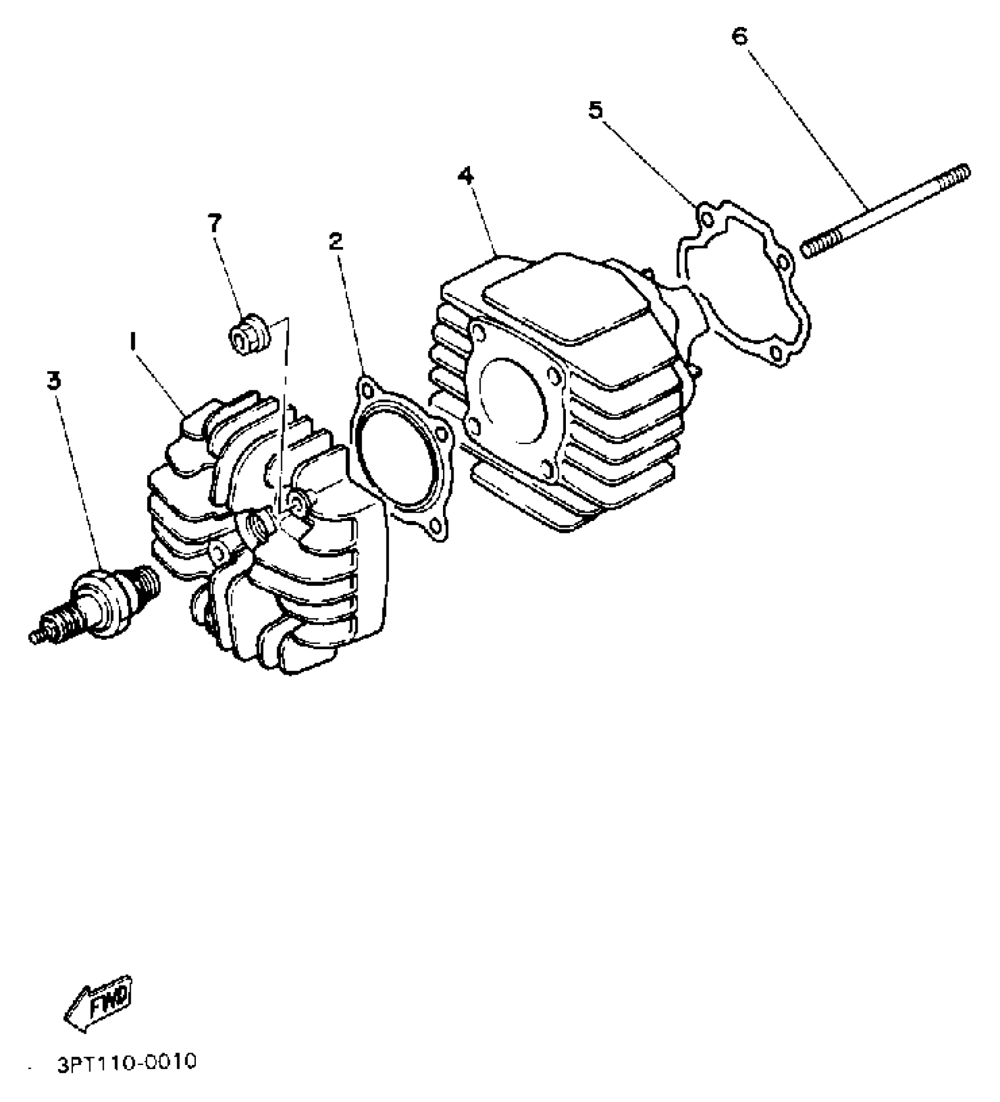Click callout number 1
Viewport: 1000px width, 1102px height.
coord(133,340)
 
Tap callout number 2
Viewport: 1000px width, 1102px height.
coord(335,241)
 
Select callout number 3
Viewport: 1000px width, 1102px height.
coord(54,380)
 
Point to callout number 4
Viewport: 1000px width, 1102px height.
coord(466,175)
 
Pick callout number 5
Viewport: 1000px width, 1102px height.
coord(596,110)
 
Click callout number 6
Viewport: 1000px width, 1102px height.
coord(739,36)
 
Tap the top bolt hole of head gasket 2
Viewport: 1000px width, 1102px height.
coord(367,390)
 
